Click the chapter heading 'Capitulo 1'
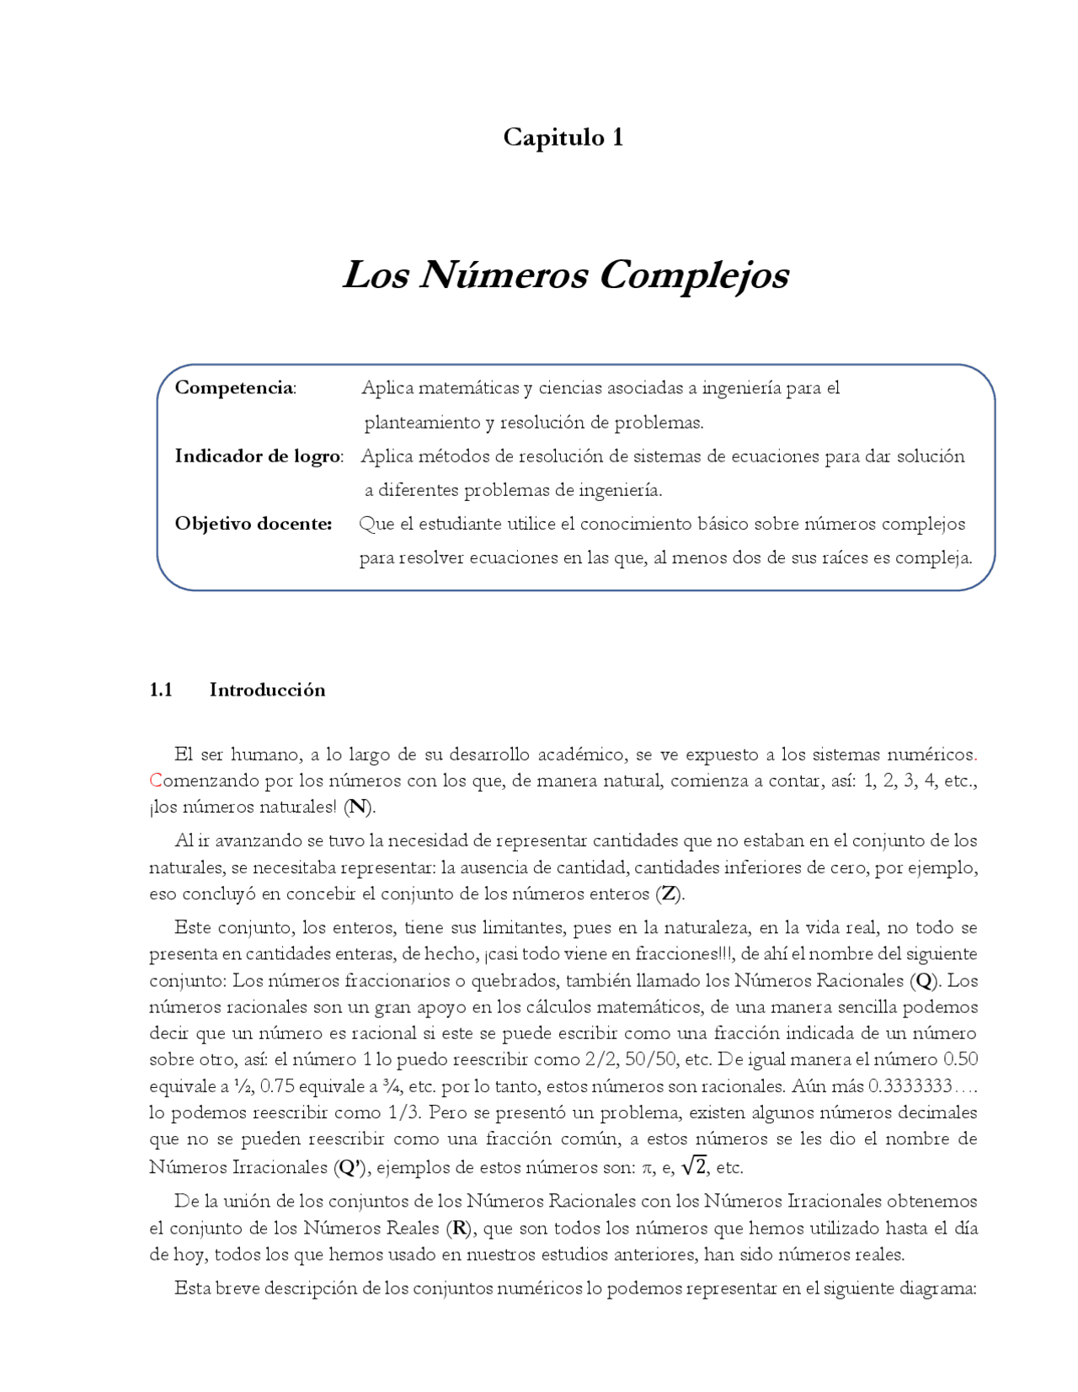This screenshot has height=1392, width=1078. (x=563, y=137)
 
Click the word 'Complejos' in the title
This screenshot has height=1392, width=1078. (x=694, y=275)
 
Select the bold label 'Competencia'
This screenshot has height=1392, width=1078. (x=233, y=387)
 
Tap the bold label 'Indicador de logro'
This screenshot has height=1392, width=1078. (x=257, y=456)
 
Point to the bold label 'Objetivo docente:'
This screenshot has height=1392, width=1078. (x=253, y=523)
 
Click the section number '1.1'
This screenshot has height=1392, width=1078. (x=161, y=690)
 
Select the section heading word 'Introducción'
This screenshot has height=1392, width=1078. (x=267, y=690)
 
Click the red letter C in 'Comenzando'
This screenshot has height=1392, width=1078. (x=155, y=781)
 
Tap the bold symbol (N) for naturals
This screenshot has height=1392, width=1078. (x=359, y=807)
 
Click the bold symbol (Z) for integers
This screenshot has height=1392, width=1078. (x=670, y=893)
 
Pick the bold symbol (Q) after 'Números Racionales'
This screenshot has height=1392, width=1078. (x=925, y=980)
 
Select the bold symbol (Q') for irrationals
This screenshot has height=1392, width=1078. (x=351, y=1167)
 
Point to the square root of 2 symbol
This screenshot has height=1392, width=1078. (x=694, y=1165)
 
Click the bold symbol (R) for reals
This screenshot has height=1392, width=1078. (x=459, y=1228)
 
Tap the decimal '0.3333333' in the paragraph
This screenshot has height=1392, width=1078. (x=910, y=1085)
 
